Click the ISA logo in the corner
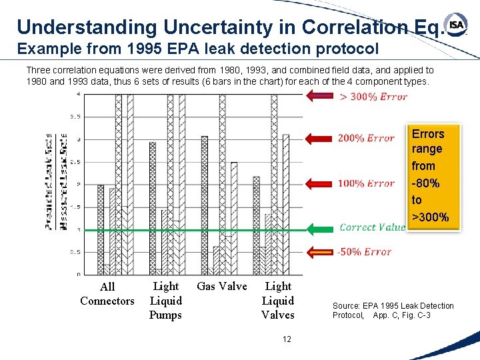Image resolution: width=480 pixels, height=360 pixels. [x=457, y=25]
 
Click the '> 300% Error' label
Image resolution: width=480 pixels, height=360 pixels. [x=373, y=97]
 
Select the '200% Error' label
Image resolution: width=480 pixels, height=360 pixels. [x=366, y=138]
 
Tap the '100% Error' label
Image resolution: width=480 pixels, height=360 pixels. [x=366, y=183]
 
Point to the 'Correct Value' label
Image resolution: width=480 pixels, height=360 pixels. [x=372, y=227]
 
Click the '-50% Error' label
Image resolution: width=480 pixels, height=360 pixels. [x=364, y=251]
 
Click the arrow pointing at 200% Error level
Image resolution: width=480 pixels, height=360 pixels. [x=319, y=138]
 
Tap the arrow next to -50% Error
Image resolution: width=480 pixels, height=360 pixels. [x=319, y=252]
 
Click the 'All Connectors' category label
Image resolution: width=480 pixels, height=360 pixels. [x=107, y=294]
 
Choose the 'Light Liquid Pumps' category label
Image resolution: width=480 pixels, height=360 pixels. [x=165, y=301]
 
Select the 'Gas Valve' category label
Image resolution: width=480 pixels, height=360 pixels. [x=222, y=287]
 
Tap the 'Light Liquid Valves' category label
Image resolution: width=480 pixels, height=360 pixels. [x=278, y=301]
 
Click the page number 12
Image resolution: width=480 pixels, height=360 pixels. [x=287, y=339]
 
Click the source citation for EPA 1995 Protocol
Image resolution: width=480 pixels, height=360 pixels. [x=393, y=311]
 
